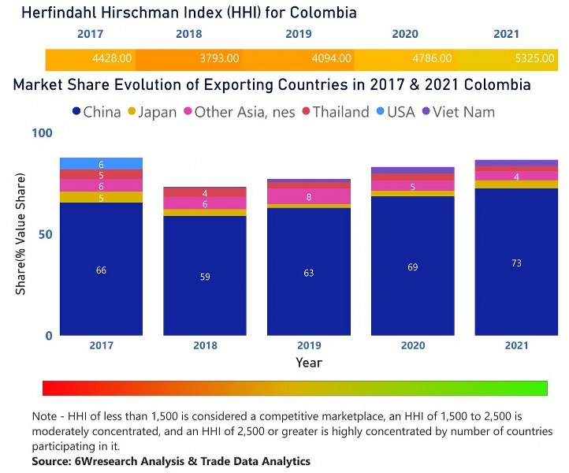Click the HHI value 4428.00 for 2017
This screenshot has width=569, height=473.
113,58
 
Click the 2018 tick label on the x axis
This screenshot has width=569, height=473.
204,345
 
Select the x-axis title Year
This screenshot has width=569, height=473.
308,362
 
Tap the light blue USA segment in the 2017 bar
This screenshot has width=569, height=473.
101,163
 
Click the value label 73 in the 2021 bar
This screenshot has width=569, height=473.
516,263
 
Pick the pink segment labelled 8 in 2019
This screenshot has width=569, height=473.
308,196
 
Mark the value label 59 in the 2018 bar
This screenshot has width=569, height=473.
204,277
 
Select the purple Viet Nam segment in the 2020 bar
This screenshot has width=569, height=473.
412,170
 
